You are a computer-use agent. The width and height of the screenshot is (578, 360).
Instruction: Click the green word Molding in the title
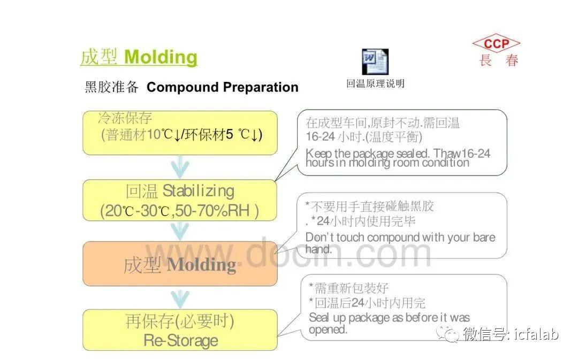(x=161, y=57)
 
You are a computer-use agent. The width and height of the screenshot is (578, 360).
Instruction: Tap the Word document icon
(x=375, y=62)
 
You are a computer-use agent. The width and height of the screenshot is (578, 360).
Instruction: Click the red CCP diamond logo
(x=496, y=44)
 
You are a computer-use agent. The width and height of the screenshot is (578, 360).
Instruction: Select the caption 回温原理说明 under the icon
(x=375, y=83)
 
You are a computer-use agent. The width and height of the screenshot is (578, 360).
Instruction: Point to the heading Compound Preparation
(x=222, y=87)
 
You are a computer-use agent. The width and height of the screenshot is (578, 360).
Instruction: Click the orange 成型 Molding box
(x=180, y=264)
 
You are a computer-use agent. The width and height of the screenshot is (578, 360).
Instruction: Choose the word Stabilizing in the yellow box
(x=199, y=191)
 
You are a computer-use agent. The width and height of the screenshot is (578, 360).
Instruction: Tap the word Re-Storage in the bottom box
(x=181, y=340)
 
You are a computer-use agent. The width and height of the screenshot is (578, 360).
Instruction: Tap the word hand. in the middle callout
(x=318, y=249)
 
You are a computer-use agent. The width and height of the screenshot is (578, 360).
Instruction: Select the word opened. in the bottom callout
(x=328, y=330)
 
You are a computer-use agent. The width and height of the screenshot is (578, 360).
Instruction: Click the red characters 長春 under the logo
(x=499, y=60)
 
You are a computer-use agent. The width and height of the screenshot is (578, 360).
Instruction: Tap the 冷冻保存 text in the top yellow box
(x=125, y=118)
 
